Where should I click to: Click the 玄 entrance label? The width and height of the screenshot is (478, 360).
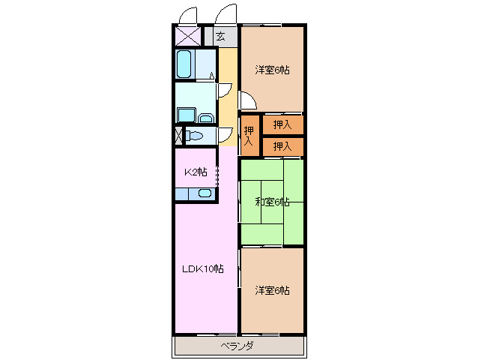click(x=221, y=36)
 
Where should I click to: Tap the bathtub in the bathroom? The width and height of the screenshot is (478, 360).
click(x=185, y=64)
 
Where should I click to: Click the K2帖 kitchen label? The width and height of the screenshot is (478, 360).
click(x=196, y=172)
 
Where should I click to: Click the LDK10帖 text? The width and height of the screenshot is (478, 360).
click(x=200, y=269)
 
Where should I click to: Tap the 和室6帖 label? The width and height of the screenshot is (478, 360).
click(x=271, y=201)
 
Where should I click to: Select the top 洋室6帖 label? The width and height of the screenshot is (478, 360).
click(x=272, y=70)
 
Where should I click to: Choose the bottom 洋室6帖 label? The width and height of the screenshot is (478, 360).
click(x=272, y=290)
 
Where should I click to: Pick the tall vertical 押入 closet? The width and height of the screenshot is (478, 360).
click(x=249, y=135)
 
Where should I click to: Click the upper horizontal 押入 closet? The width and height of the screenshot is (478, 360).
click(x=282, y=124)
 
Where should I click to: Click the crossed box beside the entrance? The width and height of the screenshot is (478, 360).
click(x=187, y=35)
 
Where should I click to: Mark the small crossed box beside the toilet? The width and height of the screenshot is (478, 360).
click(x=178, y=136)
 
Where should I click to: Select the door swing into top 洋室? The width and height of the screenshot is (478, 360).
click(x=247, y=101)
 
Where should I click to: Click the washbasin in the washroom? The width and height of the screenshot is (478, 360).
click(x=207, y=115)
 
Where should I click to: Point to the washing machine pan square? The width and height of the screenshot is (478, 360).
click(x=186, y=114)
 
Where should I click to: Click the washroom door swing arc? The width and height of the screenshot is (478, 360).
click(x=223, y=89)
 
